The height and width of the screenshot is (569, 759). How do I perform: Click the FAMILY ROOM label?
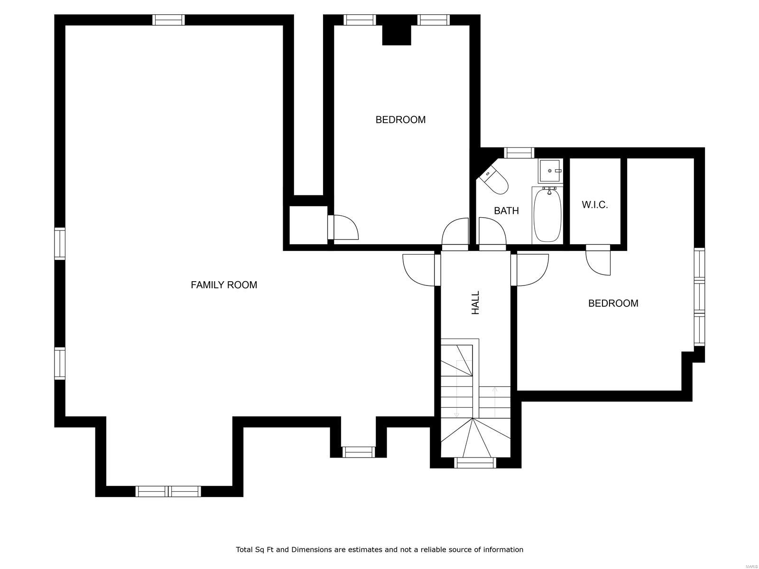[223, 285]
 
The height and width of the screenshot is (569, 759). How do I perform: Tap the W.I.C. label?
[594, 205]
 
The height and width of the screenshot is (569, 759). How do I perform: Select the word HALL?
[475, 303]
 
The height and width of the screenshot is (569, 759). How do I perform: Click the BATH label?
[506, 211]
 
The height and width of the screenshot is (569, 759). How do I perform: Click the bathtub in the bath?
[547, 216]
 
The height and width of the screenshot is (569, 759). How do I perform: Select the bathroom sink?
[550, 171]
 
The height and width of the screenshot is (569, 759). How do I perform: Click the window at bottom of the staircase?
[475, 462]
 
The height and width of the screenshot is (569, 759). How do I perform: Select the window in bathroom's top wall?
[518, 153]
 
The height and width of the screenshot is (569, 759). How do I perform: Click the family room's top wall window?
[168, 20]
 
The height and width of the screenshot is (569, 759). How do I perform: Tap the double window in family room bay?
[168, 491]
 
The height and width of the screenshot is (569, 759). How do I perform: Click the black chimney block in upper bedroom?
[397, 35]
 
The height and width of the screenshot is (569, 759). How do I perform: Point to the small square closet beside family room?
[308, 225]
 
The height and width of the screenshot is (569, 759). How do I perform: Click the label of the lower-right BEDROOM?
[613, 303]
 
